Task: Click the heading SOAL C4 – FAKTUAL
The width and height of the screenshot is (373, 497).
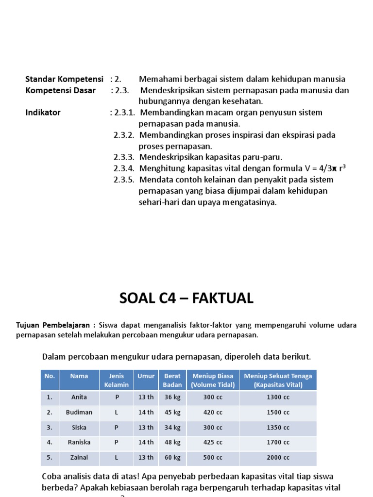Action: [x=186, y=298]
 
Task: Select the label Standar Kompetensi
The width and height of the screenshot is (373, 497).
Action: [x=64, y=79]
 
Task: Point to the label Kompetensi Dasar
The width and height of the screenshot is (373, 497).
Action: [x=60, y=90]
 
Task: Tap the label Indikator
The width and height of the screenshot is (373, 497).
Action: [x=43, y=113]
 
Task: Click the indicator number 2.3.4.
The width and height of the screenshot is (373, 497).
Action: [x=124, y=168]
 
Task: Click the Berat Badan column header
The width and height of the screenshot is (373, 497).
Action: [x=172, y=380]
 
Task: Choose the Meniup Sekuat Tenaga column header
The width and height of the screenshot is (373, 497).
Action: [x=278, y=380]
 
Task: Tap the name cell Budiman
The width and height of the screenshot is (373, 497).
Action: [x=79, y=413]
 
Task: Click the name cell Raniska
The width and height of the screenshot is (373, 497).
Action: [x=79, y=443]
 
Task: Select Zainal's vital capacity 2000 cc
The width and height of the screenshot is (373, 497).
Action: [x=278, y=458]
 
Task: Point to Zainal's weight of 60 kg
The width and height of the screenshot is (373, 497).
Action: [x=172, y=458]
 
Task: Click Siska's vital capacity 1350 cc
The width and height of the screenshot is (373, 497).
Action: [x=278, y=428]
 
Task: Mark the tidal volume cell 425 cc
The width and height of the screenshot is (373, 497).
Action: [x=213, y=443]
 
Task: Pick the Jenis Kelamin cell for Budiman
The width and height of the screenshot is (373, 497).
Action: [x=116, y=413]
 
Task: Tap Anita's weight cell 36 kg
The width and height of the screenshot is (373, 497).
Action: [x=172, y=398]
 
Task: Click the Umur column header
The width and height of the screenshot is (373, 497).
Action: [x=146, y=376]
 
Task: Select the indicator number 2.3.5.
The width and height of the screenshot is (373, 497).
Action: [x=124, y=180]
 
